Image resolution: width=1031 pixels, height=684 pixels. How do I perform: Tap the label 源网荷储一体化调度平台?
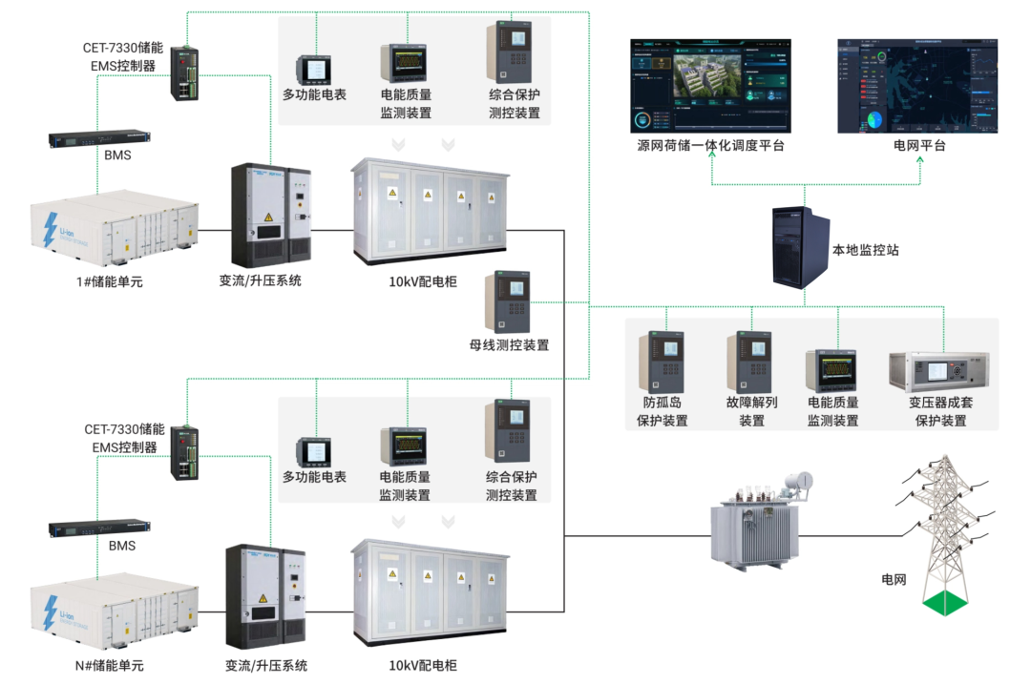[711, 146]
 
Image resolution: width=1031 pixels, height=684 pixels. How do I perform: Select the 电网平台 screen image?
[919, 86]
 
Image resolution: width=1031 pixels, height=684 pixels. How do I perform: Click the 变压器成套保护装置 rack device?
[940, 372]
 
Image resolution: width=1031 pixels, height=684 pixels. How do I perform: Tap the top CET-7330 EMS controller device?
[183, 73]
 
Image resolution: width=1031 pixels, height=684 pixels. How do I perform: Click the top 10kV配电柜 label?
[423, 282]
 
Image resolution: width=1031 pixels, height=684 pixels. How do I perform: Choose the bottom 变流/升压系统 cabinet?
[266, 595]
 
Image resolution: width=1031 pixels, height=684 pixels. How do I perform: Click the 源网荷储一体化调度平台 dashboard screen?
[711, 86]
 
